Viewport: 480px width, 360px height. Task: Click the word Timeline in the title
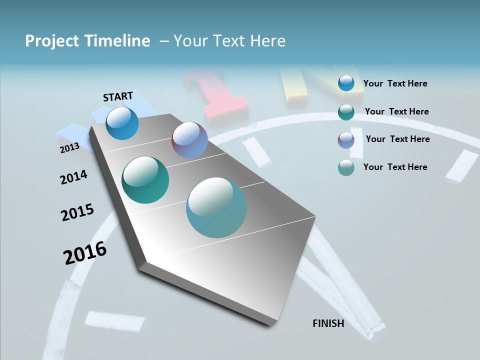pos(118,41)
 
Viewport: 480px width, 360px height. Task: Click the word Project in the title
pos(51,41)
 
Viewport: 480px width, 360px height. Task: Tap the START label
pos(118,96)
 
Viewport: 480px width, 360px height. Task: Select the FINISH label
pos(328,323)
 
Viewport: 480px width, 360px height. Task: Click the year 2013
pos(69,148)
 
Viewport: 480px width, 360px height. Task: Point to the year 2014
pos(73,177)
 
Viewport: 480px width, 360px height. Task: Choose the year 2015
pos(77,212)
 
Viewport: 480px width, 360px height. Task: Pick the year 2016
pos(85,252)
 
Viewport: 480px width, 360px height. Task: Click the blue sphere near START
pos(122,123)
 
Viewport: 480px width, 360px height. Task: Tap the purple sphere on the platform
pos(189,140)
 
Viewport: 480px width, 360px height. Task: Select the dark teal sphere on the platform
pos(145,180)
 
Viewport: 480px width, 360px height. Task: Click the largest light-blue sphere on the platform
pos(216,207)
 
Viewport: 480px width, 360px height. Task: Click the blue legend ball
pos(346,83)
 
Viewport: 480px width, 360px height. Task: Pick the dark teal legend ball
pos(346,112)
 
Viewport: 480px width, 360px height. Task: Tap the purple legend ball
pos(346,140)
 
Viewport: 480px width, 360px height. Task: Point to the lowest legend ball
pos(346,167)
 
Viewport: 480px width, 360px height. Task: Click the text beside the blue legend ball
pos(395,84)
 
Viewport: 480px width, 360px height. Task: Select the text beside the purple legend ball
pos(397,139)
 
